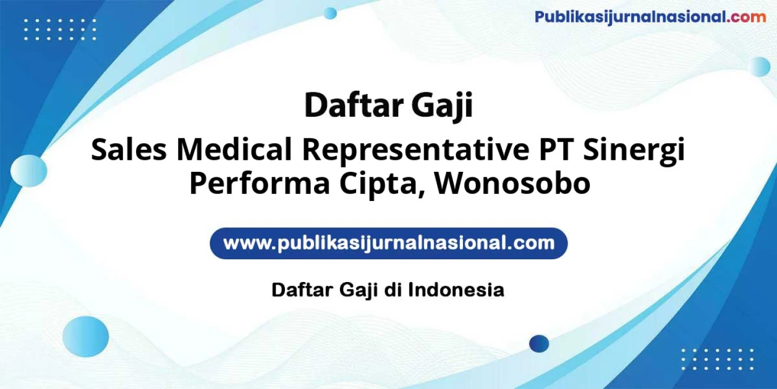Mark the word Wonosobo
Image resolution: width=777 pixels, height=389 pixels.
click(x=513, y=184)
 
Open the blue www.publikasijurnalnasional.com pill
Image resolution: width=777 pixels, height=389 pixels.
click(x=388, y=243)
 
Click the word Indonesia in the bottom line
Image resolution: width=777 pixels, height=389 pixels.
click(x=456, y=290)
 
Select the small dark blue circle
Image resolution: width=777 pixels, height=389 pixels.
click(x=539, y=344)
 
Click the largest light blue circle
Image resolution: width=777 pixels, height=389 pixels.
click(x=86, y=337)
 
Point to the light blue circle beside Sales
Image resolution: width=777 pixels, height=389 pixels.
click(x=29, y=171)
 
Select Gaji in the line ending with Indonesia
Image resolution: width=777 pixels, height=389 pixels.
click(x=358, y=291)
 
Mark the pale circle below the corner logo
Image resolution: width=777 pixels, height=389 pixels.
click(x=760, y=66)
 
